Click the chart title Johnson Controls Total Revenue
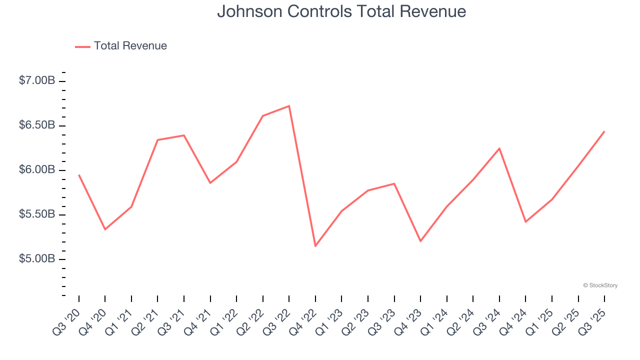[341, 11]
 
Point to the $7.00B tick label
[36, 80]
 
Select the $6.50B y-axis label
[36, 125]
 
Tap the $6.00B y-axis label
[36, 170]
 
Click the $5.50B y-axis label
[36, 214]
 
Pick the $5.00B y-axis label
[36, 259]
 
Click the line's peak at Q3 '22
[289, 106]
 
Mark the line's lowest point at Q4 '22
[315, 246]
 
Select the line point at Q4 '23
[420, 241]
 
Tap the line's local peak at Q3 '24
[499, 148]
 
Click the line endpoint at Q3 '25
[604, 131]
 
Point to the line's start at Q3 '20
[79, 175]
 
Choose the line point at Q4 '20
[105, 229]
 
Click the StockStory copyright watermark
[600, 285]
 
